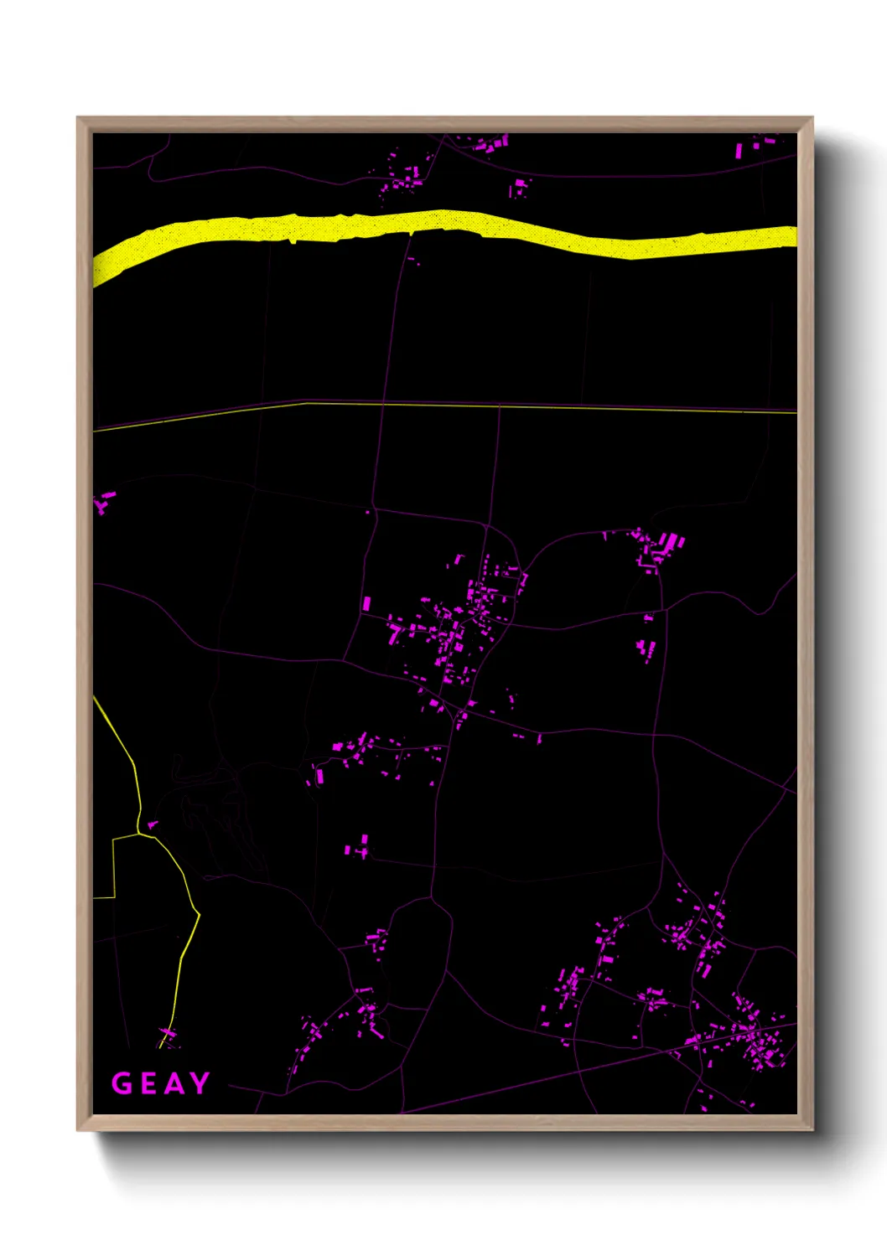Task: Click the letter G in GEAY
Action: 122,1083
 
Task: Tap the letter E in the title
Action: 147,1083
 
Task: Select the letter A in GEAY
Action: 173,1083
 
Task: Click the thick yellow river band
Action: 444,226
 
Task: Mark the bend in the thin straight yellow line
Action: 306,403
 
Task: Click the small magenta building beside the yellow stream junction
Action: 153,825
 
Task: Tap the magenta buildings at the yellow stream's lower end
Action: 168,1037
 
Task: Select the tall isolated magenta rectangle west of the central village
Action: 366,602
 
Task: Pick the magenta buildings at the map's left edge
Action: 104,503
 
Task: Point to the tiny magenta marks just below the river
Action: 412,260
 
